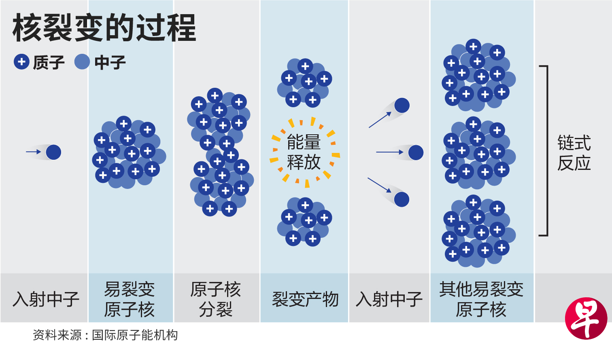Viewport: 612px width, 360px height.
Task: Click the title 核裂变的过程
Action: click(104, 28)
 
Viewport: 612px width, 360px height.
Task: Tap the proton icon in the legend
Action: click(21, 62)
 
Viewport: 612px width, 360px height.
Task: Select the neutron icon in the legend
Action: click(82, 62)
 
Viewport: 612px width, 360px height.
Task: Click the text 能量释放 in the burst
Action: click(304, 152)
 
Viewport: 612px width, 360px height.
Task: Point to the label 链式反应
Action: click(574, 153)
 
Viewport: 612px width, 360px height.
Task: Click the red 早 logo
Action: click(586, 318)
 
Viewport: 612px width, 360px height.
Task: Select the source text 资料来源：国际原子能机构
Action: click(105, 335)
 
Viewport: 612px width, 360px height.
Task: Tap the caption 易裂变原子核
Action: click(130, 299)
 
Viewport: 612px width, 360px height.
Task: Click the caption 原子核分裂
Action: click(216, 299)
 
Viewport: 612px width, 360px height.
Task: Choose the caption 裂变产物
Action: click(305, 299)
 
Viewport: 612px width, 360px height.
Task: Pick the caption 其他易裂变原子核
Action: click(481, 299)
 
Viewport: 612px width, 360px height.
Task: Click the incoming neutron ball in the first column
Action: click(53, 152)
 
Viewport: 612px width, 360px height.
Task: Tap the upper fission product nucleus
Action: click(304, 83)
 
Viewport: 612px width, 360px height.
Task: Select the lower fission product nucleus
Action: click(304, 222)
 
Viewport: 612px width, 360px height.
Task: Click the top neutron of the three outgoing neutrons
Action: click(402, 105)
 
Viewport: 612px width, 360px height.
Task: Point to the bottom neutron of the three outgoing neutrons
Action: click(402, 199)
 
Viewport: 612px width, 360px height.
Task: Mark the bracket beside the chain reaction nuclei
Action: click(546, 150)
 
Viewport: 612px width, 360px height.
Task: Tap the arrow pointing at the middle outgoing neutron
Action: click(389, 152)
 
